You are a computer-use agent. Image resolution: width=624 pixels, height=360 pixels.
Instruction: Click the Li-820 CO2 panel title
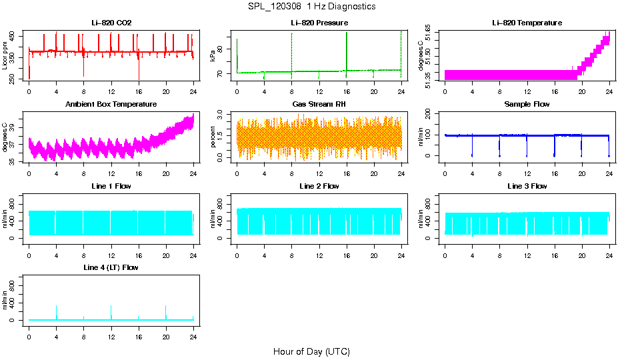tap(111, 23)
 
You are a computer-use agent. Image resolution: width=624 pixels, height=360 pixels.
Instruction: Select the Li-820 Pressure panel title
tap(319, 23)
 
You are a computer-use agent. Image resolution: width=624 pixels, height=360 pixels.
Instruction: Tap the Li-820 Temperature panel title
tap(527, 23)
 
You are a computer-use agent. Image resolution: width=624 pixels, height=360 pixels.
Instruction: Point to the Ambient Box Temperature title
tap(111, 105)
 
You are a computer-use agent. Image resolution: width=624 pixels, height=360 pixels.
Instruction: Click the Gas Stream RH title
tap(319, 105)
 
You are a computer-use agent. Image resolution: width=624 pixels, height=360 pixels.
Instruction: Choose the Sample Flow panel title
tap(527, 105)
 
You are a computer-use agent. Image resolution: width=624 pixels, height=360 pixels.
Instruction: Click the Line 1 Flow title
tap(111, 186)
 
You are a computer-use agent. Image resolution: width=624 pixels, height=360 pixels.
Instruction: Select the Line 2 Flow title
tap(319, 186)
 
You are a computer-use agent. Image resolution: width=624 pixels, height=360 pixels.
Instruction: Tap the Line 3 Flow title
tap(527, 186)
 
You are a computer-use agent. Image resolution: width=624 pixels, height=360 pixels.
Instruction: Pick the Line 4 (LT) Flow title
tap(111, 267)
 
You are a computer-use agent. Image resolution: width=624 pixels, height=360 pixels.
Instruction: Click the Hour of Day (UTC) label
tap(311, 351)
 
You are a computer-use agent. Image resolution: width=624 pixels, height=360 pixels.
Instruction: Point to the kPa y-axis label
tap(213, 56)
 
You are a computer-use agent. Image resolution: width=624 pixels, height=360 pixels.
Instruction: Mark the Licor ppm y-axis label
tap(5, 56)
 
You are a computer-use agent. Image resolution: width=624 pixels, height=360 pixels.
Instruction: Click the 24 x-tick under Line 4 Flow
tap(193, 337)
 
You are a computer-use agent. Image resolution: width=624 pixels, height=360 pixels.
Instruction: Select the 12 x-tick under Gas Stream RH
tap(319, 174)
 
